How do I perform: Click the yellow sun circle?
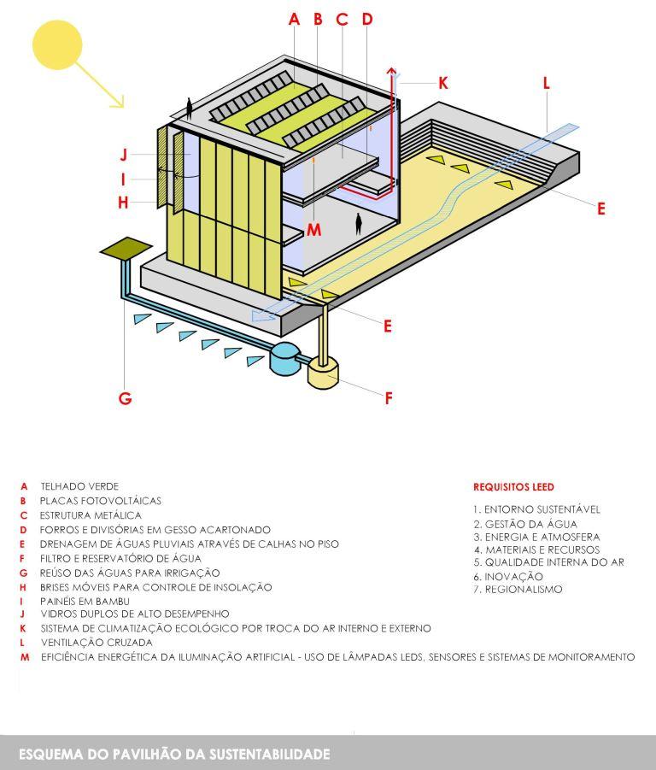coord(57,45)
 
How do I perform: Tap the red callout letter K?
coord(443,82)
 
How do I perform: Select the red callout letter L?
coord(546,83)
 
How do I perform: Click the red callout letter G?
coord(125,397)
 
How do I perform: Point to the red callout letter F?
coord(389,397)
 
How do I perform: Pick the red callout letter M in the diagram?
coord(313,229)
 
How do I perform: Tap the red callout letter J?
coord(124,156)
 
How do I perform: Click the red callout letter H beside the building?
coord(124,203)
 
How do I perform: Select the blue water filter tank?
coord(284,355)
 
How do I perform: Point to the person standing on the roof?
coord(189,108)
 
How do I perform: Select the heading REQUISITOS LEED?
coord(513,487)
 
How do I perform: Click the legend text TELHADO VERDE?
coord(79,486)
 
